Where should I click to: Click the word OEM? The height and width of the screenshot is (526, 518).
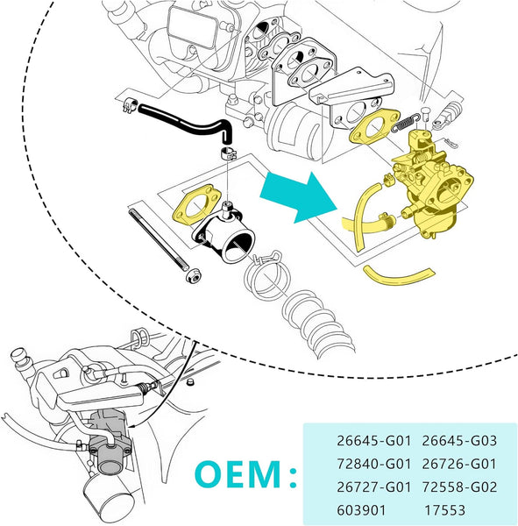238,474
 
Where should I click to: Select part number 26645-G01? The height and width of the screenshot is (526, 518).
373,441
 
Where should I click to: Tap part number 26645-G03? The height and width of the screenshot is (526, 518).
459,441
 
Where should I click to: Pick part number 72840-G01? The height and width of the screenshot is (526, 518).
373,464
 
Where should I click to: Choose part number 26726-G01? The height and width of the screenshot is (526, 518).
459,464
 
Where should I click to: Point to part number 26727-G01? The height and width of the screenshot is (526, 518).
373,487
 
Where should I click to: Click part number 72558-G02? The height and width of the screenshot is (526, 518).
459,487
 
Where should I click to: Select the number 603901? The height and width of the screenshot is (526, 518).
361,510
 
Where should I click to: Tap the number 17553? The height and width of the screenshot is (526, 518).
445,510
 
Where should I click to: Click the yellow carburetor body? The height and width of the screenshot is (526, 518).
433,184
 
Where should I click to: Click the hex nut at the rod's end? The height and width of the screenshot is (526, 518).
194,276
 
